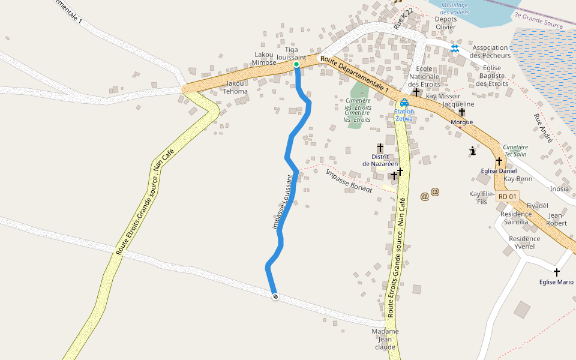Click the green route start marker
coord(296,64)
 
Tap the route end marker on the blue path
coord(275,296)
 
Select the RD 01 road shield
coord(508,196)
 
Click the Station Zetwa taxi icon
coord(404,103)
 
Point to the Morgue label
coord(461,122)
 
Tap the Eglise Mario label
coord(556,282)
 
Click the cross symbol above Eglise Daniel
coord(499,161)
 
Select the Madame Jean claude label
coord(385,339)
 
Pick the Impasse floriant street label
coord(349,181)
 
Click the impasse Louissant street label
coord(283,202)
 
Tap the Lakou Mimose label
coord(264,59)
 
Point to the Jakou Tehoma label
coord(235,88)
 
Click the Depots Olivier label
coord(446,23)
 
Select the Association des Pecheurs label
coord(491,52)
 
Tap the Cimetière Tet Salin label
coord(515,151)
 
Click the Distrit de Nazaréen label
coord(380,160)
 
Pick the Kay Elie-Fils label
coord(482,198)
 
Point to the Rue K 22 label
coord(404,19)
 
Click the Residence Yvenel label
coord(524,242)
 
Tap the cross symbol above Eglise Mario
coord(557,272)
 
